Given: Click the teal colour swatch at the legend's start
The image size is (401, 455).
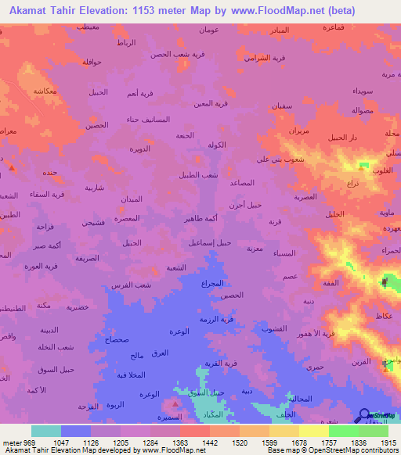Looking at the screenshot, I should (x=46, y=431).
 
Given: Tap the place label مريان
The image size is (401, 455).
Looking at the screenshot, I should (x=299, y=131).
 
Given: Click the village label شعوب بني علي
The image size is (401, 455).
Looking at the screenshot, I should (x=275, y=159).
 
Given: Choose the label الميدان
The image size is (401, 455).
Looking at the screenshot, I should (x=132, y=199).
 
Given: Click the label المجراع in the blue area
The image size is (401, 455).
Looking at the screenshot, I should (x=212, y=282).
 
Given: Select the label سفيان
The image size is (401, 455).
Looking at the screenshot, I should (x=282, y=105).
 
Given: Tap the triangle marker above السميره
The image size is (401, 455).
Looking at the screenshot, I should (x=174, y=404).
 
